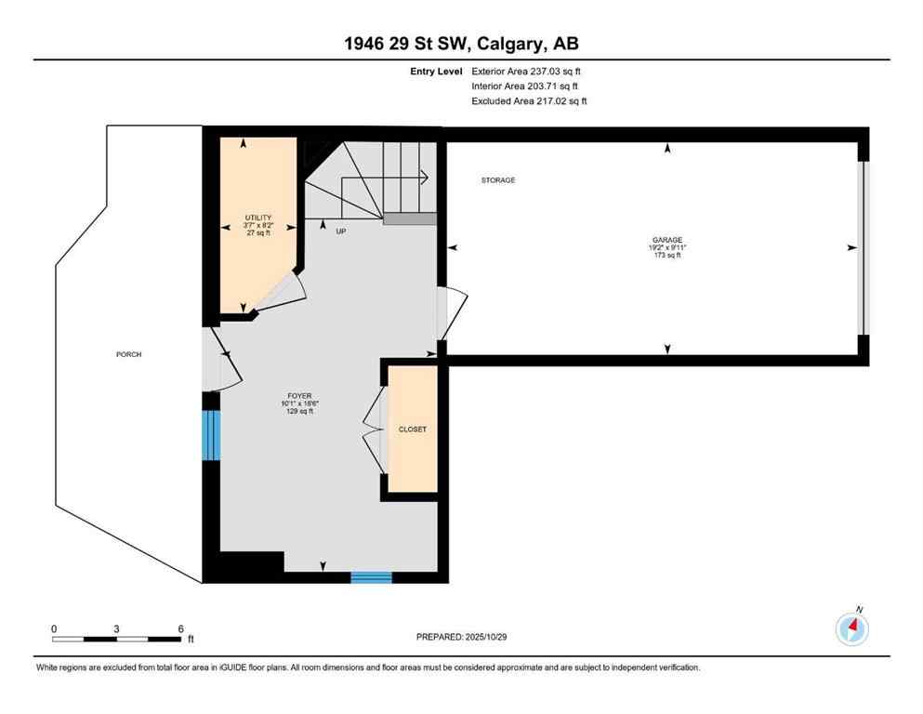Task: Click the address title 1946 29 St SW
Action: point(461,44)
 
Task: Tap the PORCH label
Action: point(128,354)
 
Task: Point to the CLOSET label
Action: point(413,430)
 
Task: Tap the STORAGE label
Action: point(497,180)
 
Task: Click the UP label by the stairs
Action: point(340,231)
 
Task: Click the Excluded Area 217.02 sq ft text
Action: point(529,100)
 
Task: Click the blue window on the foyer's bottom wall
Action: point(371,577)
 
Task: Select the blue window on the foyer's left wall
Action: point(212,435)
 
